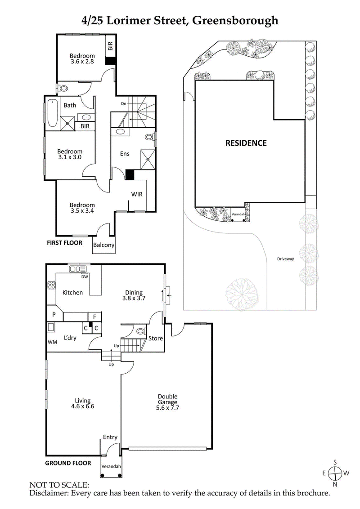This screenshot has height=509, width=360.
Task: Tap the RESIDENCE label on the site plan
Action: pos(246,143)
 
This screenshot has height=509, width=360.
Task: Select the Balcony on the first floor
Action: pos(103,245)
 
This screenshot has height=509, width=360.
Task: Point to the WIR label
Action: pos(137,195)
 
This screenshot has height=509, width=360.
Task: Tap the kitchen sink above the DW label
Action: pos(77,269)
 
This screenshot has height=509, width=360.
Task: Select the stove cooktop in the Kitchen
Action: pos(51,285)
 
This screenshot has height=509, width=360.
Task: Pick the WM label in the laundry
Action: pos(52,342)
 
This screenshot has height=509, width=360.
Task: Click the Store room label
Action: pos(156,338)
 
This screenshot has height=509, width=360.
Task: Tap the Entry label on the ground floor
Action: pos(110,437)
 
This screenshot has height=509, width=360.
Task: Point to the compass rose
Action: pos(335,473)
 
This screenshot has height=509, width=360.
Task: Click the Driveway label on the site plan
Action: pos(285,259)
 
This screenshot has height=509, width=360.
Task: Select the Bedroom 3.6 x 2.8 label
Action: pos(82,59)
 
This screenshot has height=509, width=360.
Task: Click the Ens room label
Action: pos(125,154)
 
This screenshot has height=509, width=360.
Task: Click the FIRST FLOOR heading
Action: pos(65,243)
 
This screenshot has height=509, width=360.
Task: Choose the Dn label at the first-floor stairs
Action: pos(123,104)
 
